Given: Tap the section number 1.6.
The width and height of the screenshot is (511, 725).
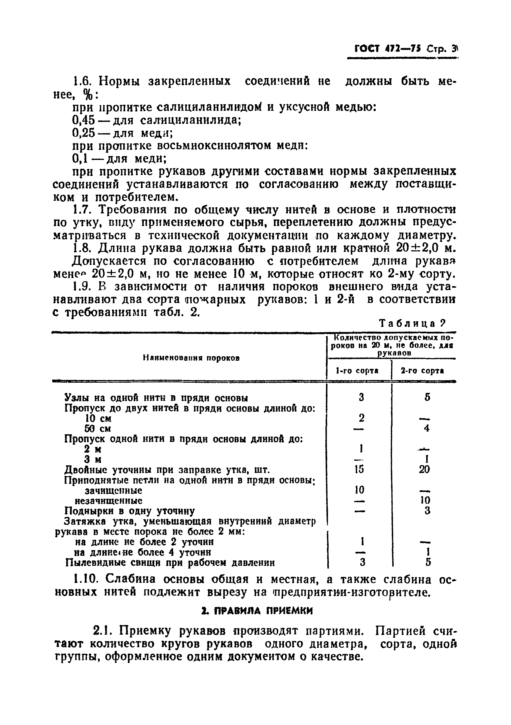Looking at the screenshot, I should pos(82,82).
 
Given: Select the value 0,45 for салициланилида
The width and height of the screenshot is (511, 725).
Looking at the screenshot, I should pos(83,120).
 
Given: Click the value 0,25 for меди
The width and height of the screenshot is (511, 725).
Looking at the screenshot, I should pos(83,133).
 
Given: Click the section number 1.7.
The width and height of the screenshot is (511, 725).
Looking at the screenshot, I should pos(82,210).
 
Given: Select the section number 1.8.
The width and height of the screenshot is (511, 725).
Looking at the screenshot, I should pos(82,248).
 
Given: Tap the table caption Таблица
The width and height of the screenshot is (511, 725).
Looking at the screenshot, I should pos(408,323).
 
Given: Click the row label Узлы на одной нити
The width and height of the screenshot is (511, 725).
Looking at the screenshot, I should pos(156,398).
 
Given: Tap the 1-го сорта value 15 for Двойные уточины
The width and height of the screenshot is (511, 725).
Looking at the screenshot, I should pos(359,469).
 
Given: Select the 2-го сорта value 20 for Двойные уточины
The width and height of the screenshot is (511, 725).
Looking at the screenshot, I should pos(424,469).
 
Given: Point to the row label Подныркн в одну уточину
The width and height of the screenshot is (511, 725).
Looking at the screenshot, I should pos(130,511).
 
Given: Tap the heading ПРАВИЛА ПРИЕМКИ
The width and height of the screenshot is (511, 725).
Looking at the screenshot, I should pos(257,611).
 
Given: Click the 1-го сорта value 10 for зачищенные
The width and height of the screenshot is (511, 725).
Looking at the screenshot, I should pos(359,490).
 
